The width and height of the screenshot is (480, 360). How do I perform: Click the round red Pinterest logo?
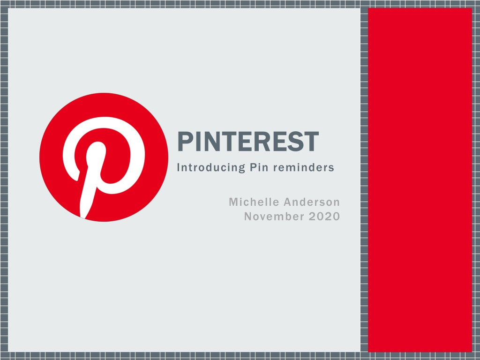pyautogui.click(x=104, y=157)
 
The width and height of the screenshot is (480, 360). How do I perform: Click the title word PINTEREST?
pyautogui.click(x=248, y=142)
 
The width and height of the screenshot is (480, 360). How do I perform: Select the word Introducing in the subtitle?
pyautogui.click(x=211, y=167)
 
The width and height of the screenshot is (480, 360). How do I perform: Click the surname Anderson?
pyautogui.click(x=312, y=202)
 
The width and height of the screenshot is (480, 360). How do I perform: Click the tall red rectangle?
pyautogui.click(x=420, y=180)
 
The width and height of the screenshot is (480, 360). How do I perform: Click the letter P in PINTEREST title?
pyautogui.click(x=185, y=142)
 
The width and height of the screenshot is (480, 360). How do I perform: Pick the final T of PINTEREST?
pyautogui.click(x=311, y=142)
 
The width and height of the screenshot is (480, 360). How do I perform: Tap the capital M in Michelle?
pyautogui.click(x=233, y=202)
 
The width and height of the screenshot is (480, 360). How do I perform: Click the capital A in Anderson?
pyautogui.click(x=288, y=202)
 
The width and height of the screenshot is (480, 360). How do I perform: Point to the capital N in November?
pyautogui.click(x=248, y=217)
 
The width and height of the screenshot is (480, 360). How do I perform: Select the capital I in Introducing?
pyautogui.click(x=179, y=167)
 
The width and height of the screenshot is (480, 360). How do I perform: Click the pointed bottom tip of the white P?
pyautogui.click(x=82, y=217)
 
